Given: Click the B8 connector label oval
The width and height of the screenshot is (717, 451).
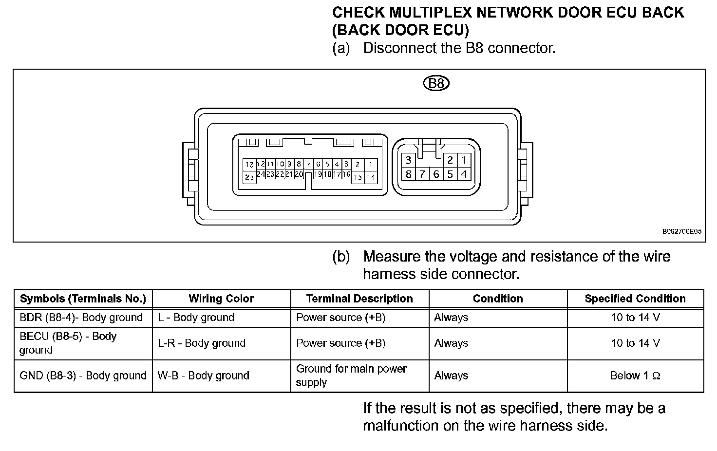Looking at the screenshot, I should pos(436,83).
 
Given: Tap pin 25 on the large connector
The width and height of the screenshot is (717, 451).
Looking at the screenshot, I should pos(249,177).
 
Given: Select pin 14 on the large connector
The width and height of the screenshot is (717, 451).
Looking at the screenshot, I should pos(371,177).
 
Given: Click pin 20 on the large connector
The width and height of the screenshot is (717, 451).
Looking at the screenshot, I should pos(299,174).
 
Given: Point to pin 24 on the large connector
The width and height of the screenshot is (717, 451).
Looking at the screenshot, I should pos(261,174).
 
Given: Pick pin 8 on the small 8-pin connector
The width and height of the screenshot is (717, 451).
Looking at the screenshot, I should pos(408,174).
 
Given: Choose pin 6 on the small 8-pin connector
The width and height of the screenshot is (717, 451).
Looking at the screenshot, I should pos(436,174).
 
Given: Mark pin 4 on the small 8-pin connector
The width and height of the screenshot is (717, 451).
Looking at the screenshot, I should pos(464,174).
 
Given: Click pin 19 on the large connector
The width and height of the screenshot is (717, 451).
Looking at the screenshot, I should pos(318,174).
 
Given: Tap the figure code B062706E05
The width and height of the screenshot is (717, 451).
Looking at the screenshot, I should pos(681,232).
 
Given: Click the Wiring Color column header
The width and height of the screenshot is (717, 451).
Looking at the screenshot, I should pos(221,299).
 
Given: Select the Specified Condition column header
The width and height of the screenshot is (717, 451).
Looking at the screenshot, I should pos(635,299).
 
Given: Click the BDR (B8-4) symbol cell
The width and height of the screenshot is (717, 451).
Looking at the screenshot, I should pos(81,318).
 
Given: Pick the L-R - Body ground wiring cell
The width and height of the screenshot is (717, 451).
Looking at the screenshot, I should pos(202,343).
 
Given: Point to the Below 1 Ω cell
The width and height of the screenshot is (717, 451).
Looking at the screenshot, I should pos(635,376).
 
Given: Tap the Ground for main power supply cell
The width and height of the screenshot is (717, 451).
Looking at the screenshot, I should pos(351,376).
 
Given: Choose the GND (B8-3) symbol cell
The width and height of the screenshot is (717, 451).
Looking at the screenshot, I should pos(83,376).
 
